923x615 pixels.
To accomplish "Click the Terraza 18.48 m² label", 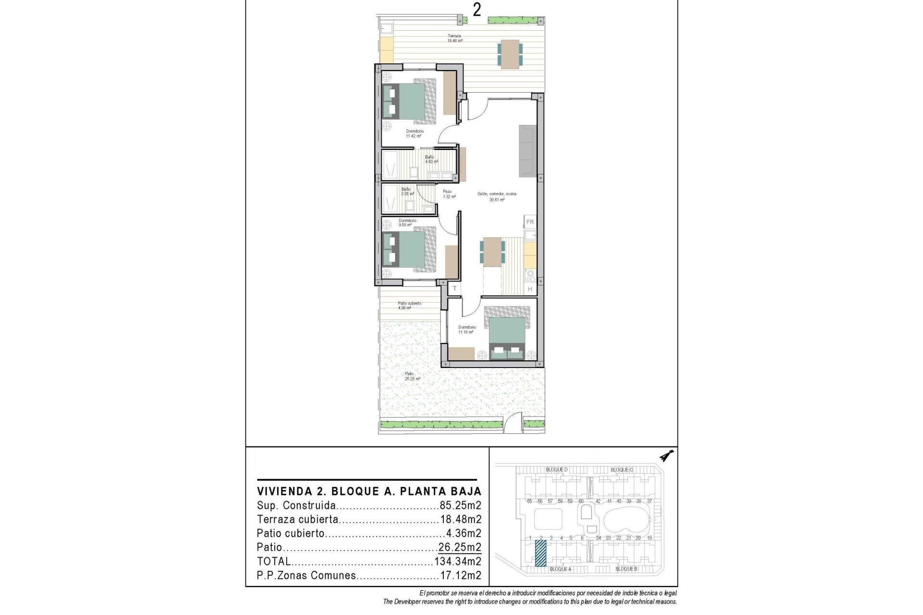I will pos(455,38).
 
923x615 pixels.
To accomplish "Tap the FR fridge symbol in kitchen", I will pos(530,222).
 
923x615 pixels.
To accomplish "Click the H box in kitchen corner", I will pos(530,289).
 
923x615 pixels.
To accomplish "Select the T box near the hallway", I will pos(454,289).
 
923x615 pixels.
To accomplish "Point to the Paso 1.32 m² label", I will pos(447,194).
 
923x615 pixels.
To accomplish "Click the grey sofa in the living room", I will pos(527,151).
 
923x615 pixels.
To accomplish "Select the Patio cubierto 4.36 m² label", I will pos(409,306).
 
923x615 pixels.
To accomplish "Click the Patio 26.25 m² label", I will pos(412,376).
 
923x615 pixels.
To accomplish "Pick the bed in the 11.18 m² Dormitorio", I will pos(507,336).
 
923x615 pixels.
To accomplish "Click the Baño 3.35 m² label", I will pos(407,192).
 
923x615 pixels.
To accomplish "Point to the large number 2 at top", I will pos(476,10).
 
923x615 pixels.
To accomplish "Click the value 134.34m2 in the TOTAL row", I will pos(458,561).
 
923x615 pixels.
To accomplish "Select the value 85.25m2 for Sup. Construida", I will pos(460,505).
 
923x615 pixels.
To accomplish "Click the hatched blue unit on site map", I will pos(541,553).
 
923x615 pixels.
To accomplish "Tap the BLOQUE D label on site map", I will pos(557,469).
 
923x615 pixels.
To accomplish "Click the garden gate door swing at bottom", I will pos(513,423).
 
